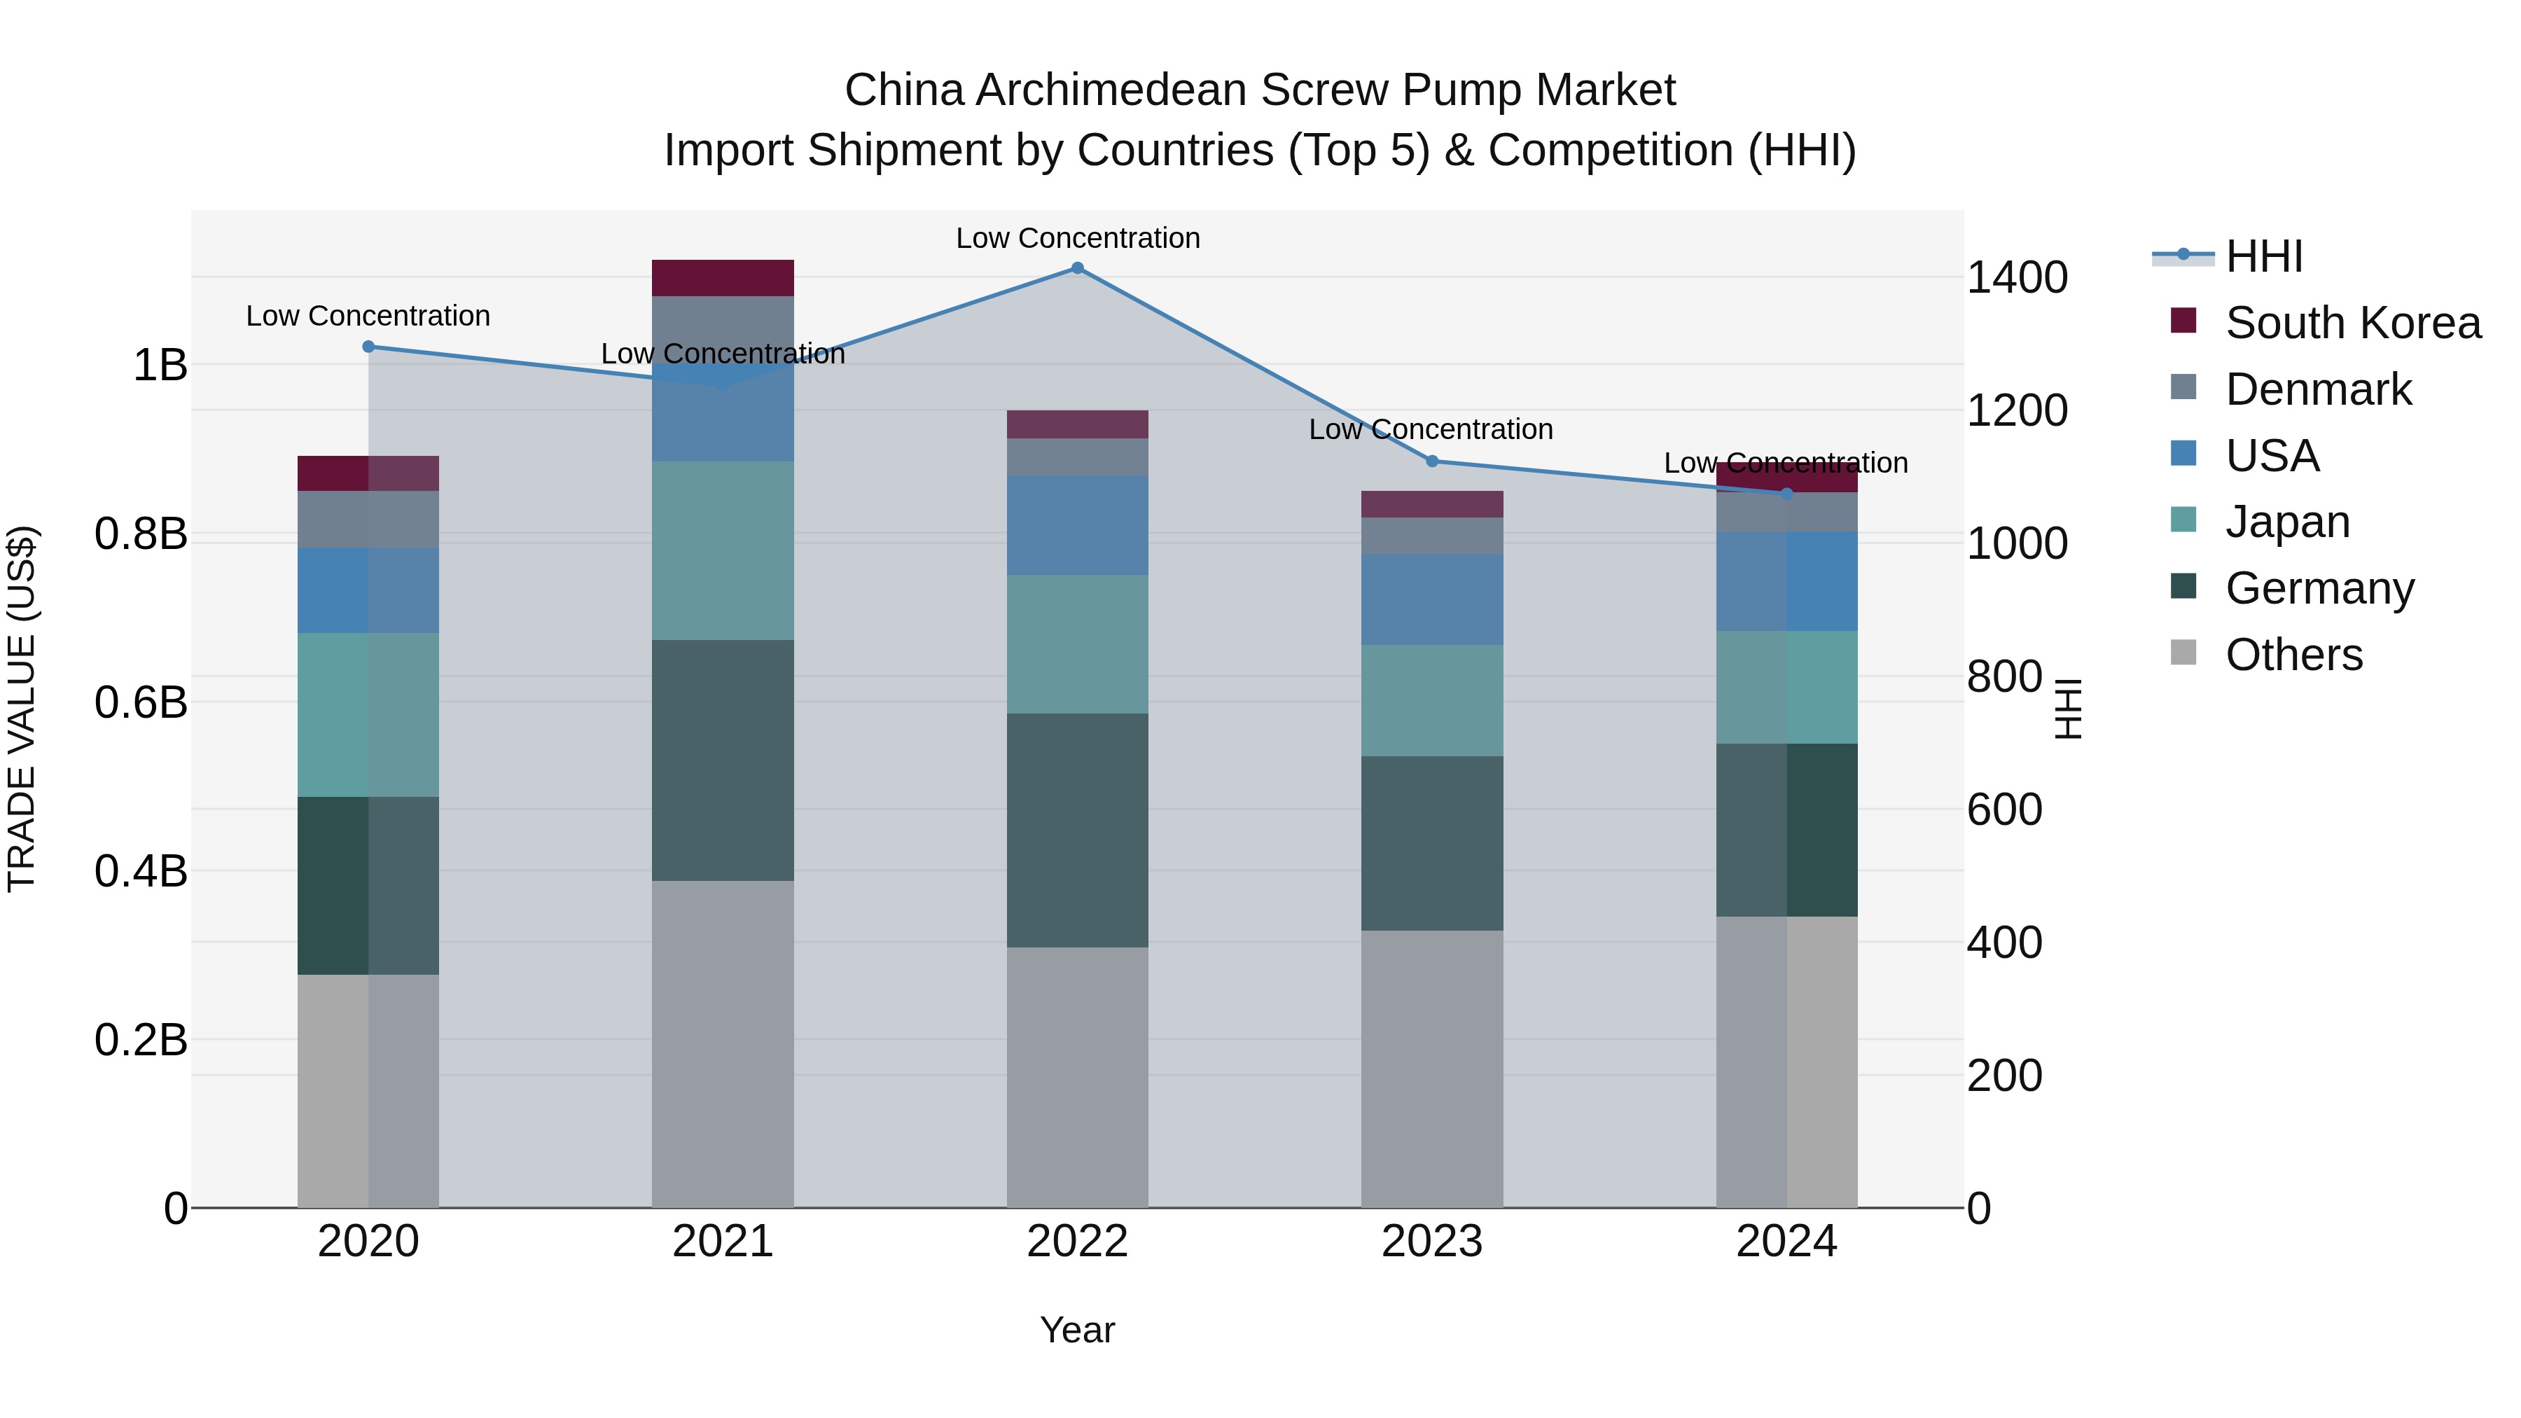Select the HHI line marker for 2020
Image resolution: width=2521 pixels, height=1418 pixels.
[x=368, y=347]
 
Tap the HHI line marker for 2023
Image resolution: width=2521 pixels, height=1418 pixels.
[x=1432, y=461]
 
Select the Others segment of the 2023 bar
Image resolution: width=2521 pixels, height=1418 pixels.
[x=1432, y=1069]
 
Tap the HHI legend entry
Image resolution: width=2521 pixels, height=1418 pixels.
[x=2263, y=256]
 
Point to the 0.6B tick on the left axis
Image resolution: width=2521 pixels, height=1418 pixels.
[x=141, y=702]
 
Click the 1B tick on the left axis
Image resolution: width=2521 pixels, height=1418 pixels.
[x=160, y=365]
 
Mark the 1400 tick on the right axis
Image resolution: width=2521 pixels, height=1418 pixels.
[x=2017, y=278]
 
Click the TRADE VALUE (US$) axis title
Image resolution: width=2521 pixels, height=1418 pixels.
[x=22, y=709]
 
